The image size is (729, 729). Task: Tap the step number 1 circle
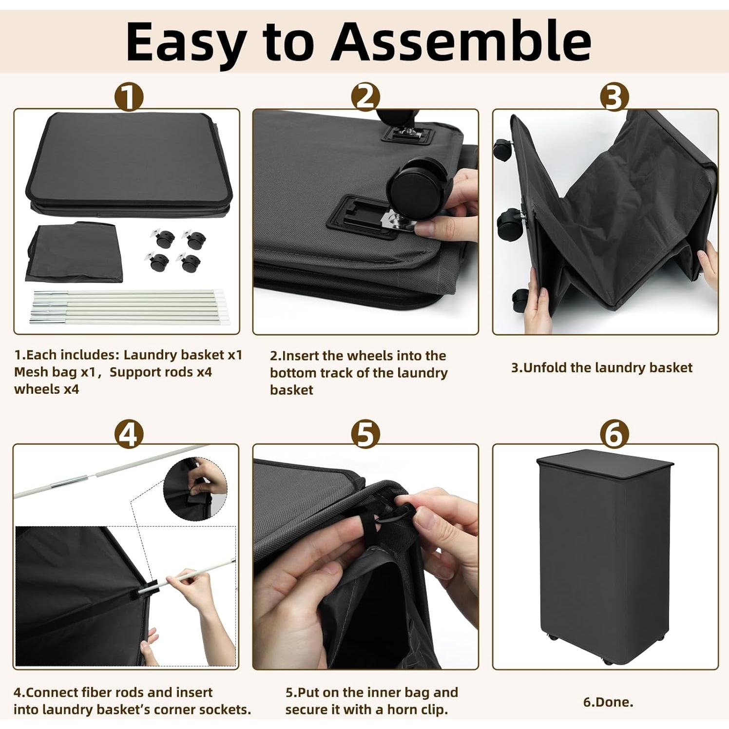pos(129,97)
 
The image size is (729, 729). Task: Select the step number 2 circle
pos(365,97)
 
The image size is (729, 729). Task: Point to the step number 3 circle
pos(614,97)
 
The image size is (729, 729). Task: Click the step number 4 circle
pos(129,434)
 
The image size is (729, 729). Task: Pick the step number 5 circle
pos(365,434)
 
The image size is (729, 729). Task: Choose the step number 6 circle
pos(614,434)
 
